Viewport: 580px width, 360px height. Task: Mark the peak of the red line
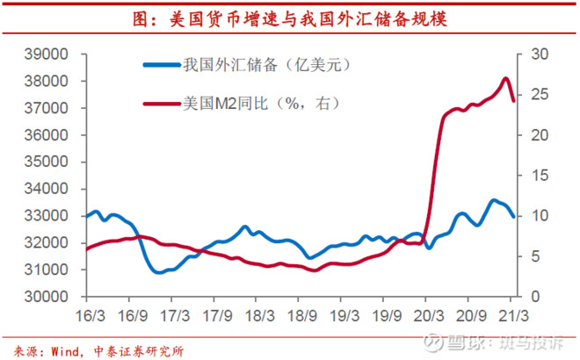[x=505, y=78]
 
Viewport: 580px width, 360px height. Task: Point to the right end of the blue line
[x=514, y=216]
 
